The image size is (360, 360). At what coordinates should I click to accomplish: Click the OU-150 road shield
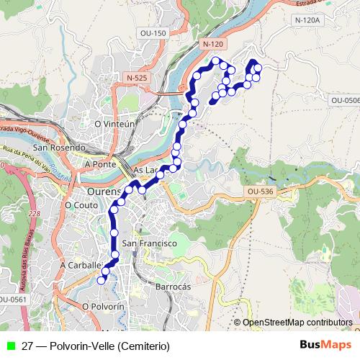pyautogui.click(x=153, y=33)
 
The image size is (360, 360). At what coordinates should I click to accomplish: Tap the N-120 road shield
pyautogui.click(x=213, y=45)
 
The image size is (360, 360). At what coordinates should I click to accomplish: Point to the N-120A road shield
pyautogui.click(x=307, y=20)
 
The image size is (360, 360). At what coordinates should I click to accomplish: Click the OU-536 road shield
pyautogui.click(x=260, y=192)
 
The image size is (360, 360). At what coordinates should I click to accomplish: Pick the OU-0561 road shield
pyautogui.click(x=12, y=300)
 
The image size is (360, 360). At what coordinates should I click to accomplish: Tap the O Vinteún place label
pyautogui.click(x=115, y=124)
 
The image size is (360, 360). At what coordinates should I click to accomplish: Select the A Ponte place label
pyautogui.click(x=100, y=164)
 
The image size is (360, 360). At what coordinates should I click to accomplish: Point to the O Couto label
pyautogui.click(x=81, y=204)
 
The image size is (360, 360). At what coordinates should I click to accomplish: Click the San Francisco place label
pyautogui.click(x=150, y=243)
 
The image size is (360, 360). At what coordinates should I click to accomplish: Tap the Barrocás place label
pyautogui.click(x=173, y=286)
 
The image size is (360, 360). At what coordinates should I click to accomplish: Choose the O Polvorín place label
pyautogui.click(x=104, y=306)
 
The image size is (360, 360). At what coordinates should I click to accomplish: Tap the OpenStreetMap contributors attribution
pyautogui.click(x=297, y=322)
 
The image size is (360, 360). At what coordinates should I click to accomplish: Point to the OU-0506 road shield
pyautogui.click(x=347, y=100)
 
